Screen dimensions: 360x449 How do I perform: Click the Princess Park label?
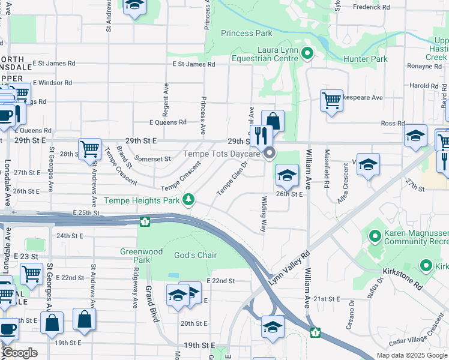[246, 33]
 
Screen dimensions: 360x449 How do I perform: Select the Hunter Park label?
[365, 59]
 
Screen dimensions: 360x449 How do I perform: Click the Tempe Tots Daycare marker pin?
[270, 154]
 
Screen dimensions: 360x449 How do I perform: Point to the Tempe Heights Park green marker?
[189, 199]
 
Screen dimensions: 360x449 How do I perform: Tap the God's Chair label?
[195, 255]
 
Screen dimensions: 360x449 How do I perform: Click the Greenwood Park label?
[134, 256]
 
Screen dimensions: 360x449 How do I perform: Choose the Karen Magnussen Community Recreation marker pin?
[375, 237]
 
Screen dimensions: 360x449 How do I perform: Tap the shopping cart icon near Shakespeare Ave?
[331, 100]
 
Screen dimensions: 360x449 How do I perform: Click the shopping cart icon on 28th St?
[89, 148]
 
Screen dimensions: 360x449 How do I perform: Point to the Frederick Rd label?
[372, 7]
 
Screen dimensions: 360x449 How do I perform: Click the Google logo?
[19, 353]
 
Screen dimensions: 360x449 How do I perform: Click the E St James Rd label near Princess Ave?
[193, 64]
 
